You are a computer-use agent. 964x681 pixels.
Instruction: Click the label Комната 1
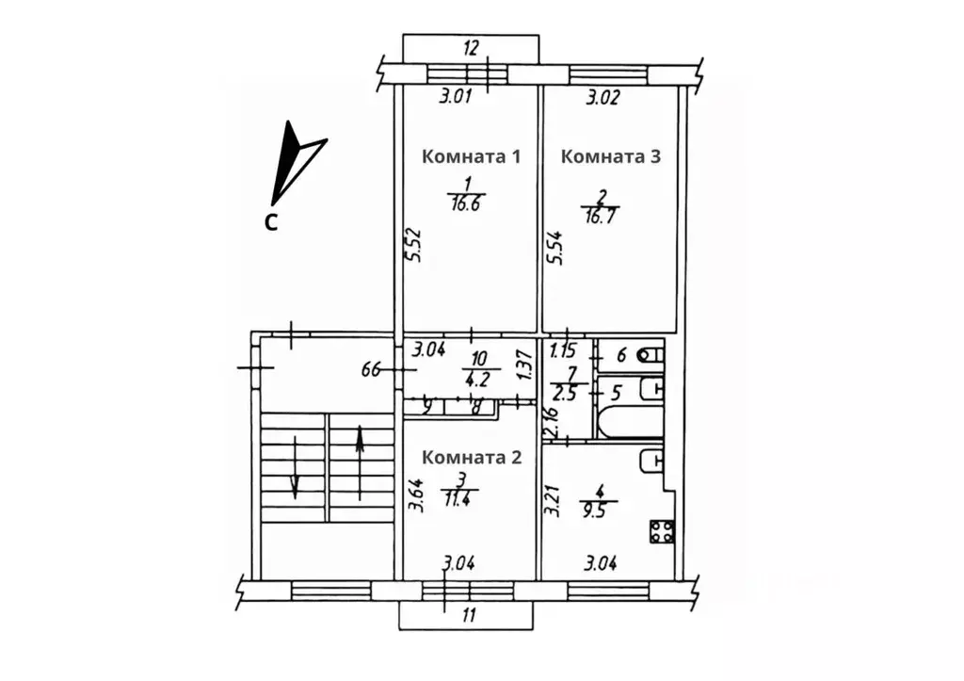[472, 156]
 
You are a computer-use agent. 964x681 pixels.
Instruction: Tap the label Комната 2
[472, 458]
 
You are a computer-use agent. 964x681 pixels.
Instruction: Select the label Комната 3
[610, 156]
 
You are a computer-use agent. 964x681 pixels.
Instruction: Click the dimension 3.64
[415, 496]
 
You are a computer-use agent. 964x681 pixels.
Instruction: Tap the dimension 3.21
[554, 501]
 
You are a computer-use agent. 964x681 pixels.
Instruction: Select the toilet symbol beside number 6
[650, 356]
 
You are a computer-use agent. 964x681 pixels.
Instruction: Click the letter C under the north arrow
[270, 223]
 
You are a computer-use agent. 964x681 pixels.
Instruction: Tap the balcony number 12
[471, 47]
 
